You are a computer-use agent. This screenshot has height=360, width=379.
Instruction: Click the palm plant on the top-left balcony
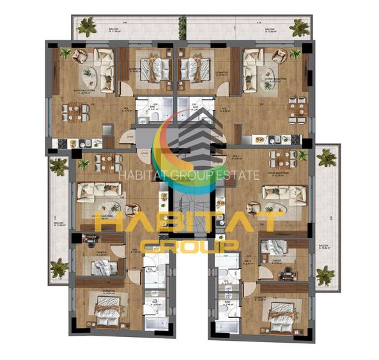pos(86,27)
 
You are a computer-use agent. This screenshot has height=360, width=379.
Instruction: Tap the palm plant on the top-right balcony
pos(298,27)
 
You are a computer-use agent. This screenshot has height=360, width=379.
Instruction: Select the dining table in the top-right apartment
pos(297,109)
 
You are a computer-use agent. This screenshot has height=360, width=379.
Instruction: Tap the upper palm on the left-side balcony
pos(59,166)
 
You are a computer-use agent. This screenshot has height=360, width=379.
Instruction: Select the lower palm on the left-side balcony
pos(59,268)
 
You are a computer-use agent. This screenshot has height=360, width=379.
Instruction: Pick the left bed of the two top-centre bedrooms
pos(151,68)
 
